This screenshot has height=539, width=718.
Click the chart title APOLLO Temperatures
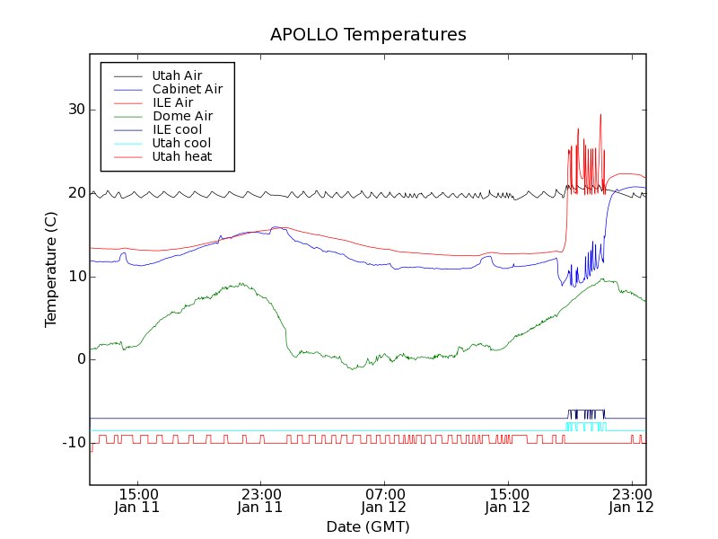368,35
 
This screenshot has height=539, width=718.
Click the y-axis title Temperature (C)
51,269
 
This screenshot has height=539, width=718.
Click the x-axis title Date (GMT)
368,526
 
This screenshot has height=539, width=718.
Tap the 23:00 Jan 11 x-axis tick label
261,499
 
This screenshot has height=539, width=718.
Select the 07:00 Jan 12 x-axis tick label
385,499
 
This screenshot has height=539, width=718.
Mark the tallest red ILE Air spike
600,116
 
